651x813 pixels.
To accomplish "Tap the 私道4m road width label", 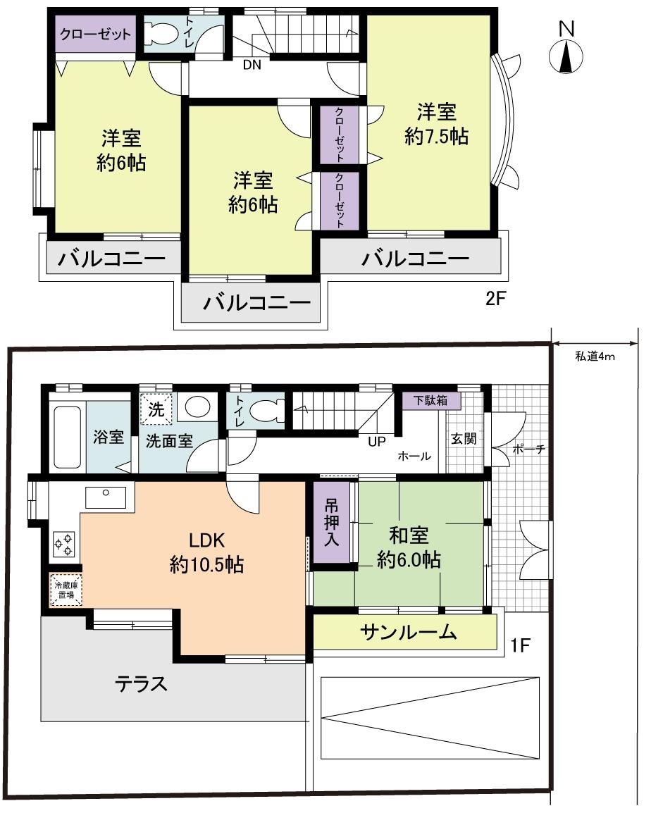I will [595, 356].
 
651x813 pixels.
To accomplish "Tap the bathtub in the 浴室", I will [68, 437].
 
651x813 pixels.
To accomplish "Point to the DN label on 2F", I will [252, 66].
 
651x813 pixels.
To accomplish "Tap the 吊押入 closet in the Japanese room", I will [331, 523].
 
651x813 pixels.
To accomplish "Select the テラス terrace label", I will [142, 683].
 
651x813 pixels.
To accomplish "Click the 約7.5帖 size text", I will [436, 136].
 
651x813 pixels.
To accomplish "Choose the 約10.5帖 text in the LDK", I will [206, 564].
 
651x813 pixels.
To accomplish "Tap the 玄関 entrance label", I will [464, 438].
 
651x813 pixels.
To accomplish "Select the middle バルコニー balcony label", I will [257, 303].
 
